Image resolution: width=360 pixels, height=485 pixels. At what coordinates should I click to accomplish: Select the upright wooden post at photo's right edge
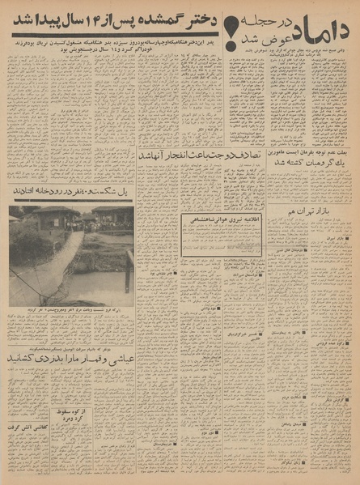tap(129, 271)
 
